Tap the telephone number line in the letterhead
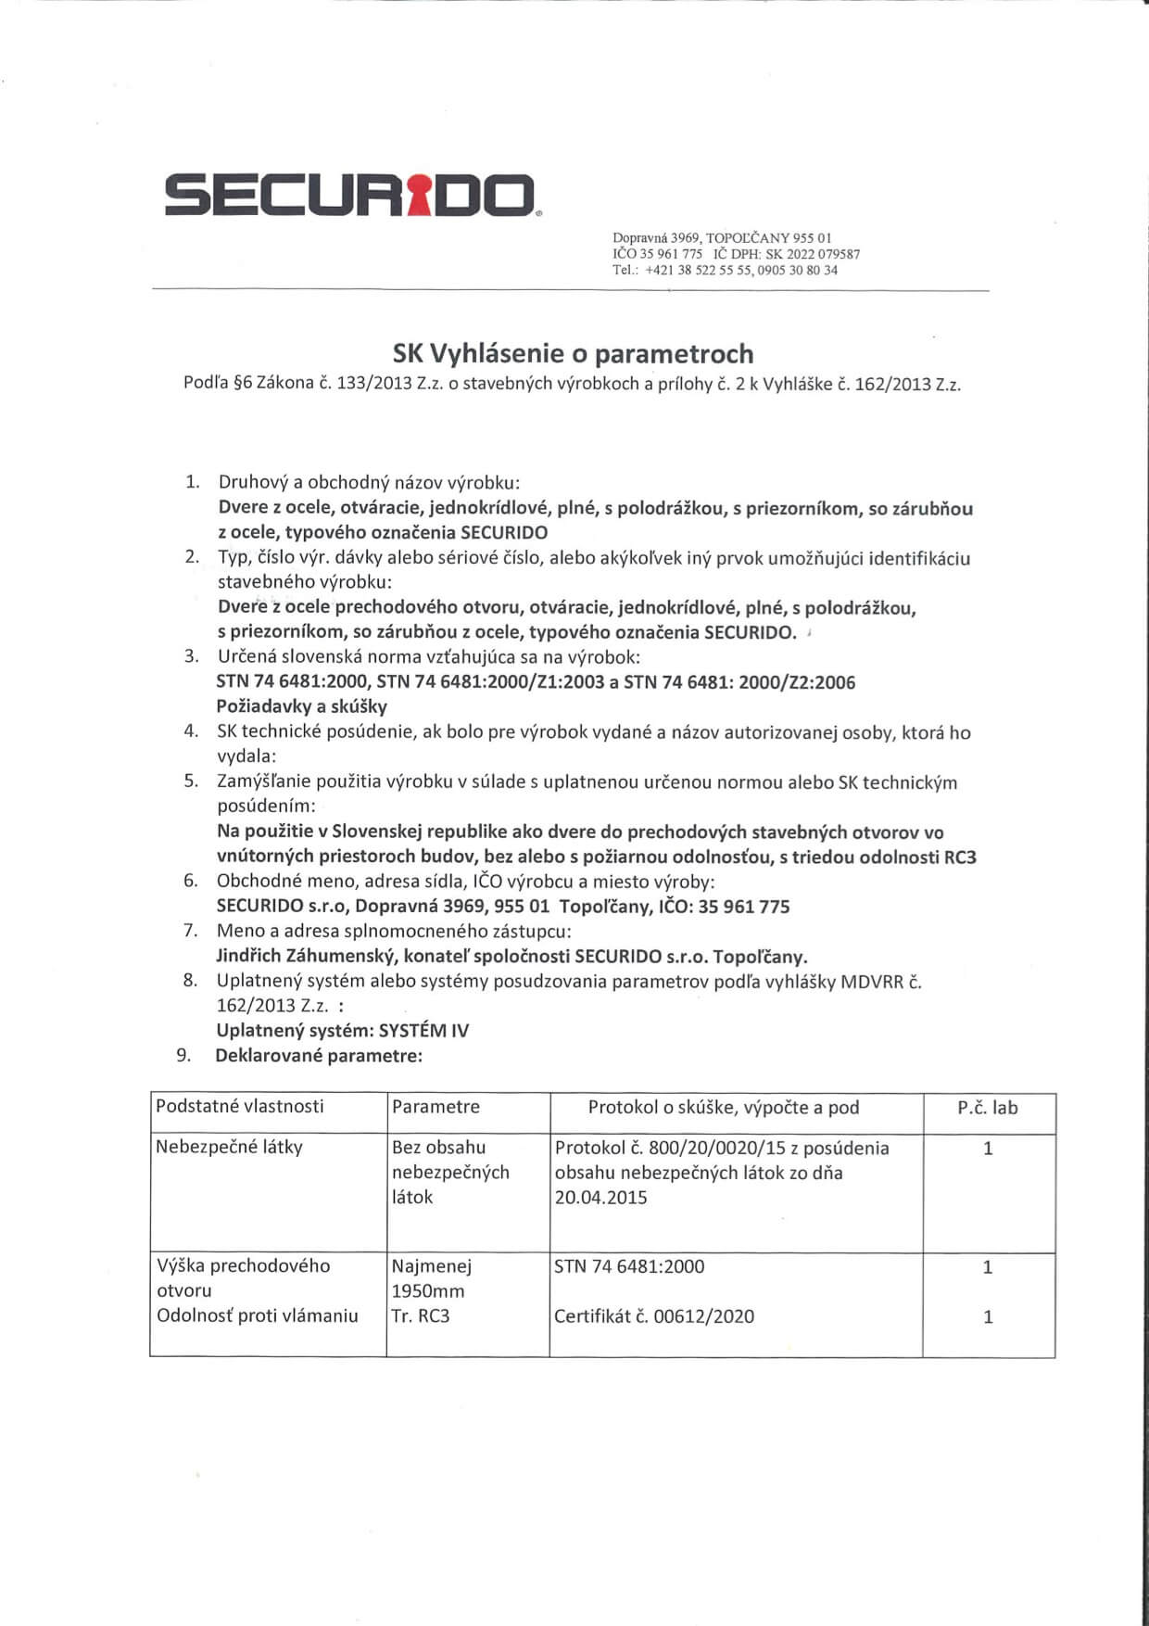pos(725,271)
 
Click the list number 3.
pos(192,656)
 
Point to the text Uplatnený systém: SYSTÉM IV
pos(342,1030)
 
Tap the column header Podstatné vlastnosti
pos(240,1106)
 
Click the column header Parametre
pos(436,1107)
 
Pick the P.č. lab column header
pos(987,1108)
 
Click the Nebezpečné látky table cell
pos(229,1148)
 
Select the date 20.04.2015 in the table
pos(600,1198)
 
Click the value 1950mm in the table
pos(428,1290)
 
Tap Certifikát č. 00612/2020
pos(653,1316)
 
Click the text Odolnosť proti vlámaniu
pos(257,1316)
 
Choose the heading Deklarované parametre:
pos(318,1055)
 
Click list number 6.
pos(191,881)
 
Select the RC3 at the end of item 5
pos(959,857)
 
